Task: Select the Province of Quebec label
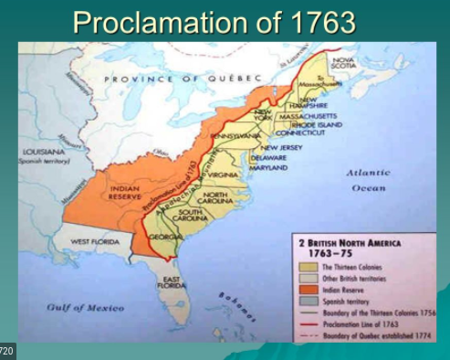[183, 78]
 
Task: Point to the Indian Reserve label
[124, 192]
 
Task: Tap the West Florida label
[94, 241]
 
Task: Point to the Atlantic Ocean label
[368, 179]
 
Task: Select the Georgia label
[164, 236]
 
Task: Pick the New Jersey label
[284, 146]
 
